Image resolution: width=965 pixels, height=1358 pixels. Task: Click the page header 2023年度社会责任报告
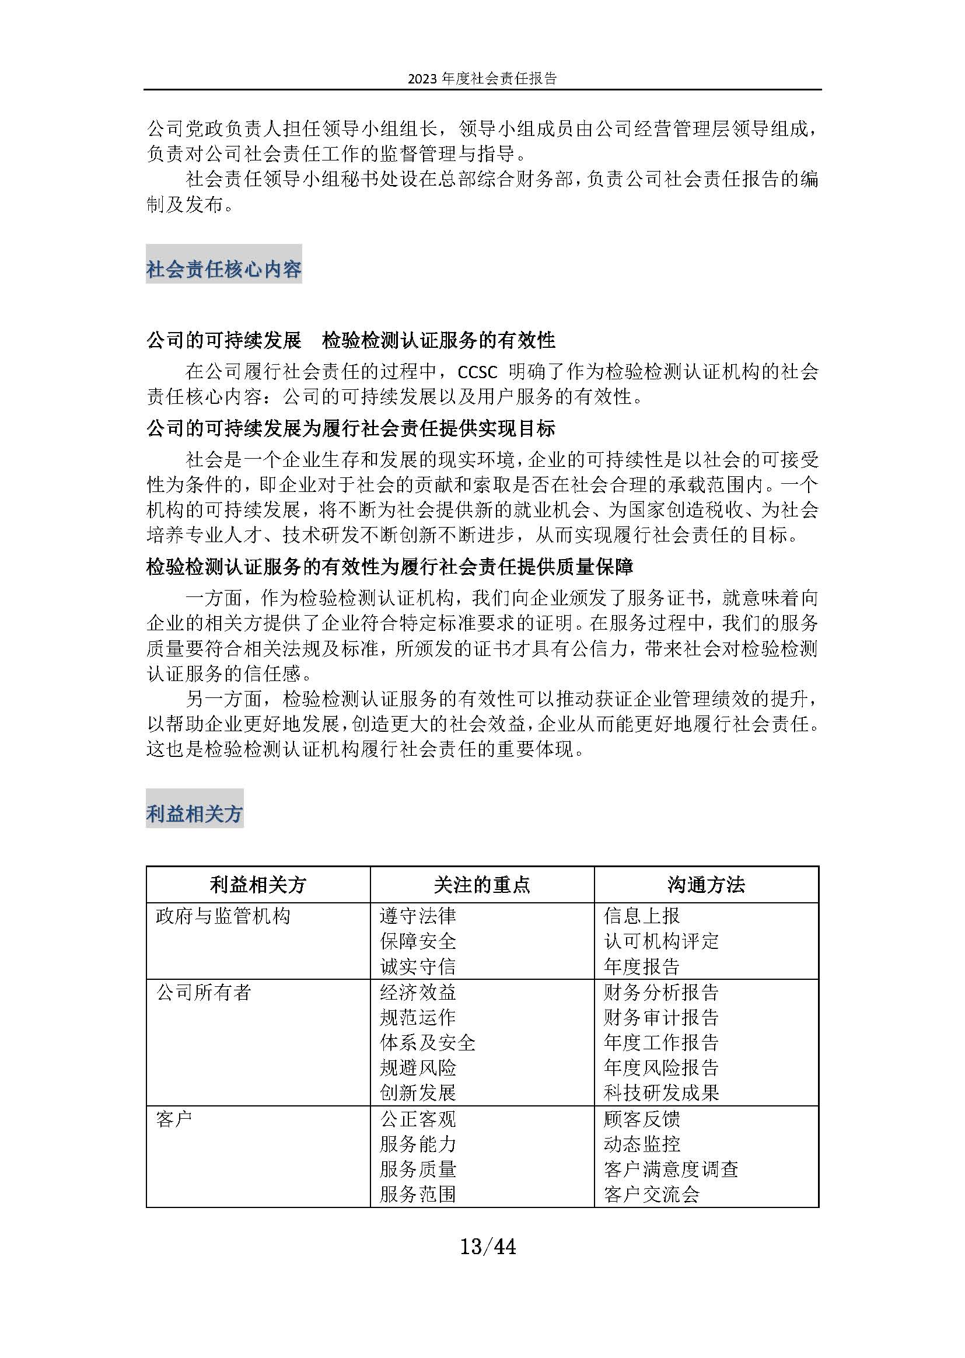(482, 78)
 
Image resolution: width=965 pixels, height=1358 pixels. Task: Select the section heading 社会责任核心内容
(224, 269)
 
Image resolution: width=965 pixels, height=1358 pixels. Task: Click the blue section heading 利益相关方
(194, 814)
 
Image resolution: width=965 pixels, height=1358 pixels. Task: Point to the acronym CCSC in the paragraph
(477, 372)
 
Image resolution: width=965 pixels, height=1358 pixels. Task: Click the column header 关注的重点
(482, 885)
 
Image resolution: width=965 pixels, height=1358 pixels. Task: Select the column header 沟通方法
(706, 885)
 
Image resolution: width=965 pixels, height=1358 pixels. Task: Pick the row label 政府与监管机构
(223, 916)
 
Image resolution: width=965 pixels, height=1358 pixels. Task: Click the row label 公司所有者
(204, 992)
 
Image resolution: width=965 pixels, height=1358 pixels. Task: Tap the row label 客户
(174, 1119)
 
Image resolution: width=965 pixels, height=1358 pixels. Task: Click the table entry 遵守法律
(418, 916)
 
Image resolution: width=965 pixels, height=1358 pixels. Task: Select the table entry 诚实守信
(418, 966)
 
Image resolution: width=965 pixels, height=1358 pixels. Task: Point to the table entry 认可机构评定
(662, 941)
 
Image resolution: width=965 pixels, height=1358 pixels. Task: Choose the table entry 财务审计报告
(662, 1017)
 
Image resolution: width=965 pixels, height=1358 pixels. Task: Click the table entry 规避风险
(418, 1068)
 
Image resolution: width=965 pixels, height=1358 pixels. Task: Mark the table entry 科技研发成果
(662, 1093)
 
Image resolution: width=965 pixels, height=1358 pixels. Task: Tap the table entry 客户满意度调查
(672, 1170)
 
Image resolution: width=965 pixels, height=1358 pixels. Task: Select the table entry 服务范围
(418, 1195)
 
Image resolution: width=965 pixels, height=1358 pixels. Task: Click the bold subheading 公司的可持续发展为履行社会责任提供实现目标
(351, 428)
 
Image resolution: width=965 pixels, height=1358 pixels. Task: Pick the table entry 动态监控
(642, 1144)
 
